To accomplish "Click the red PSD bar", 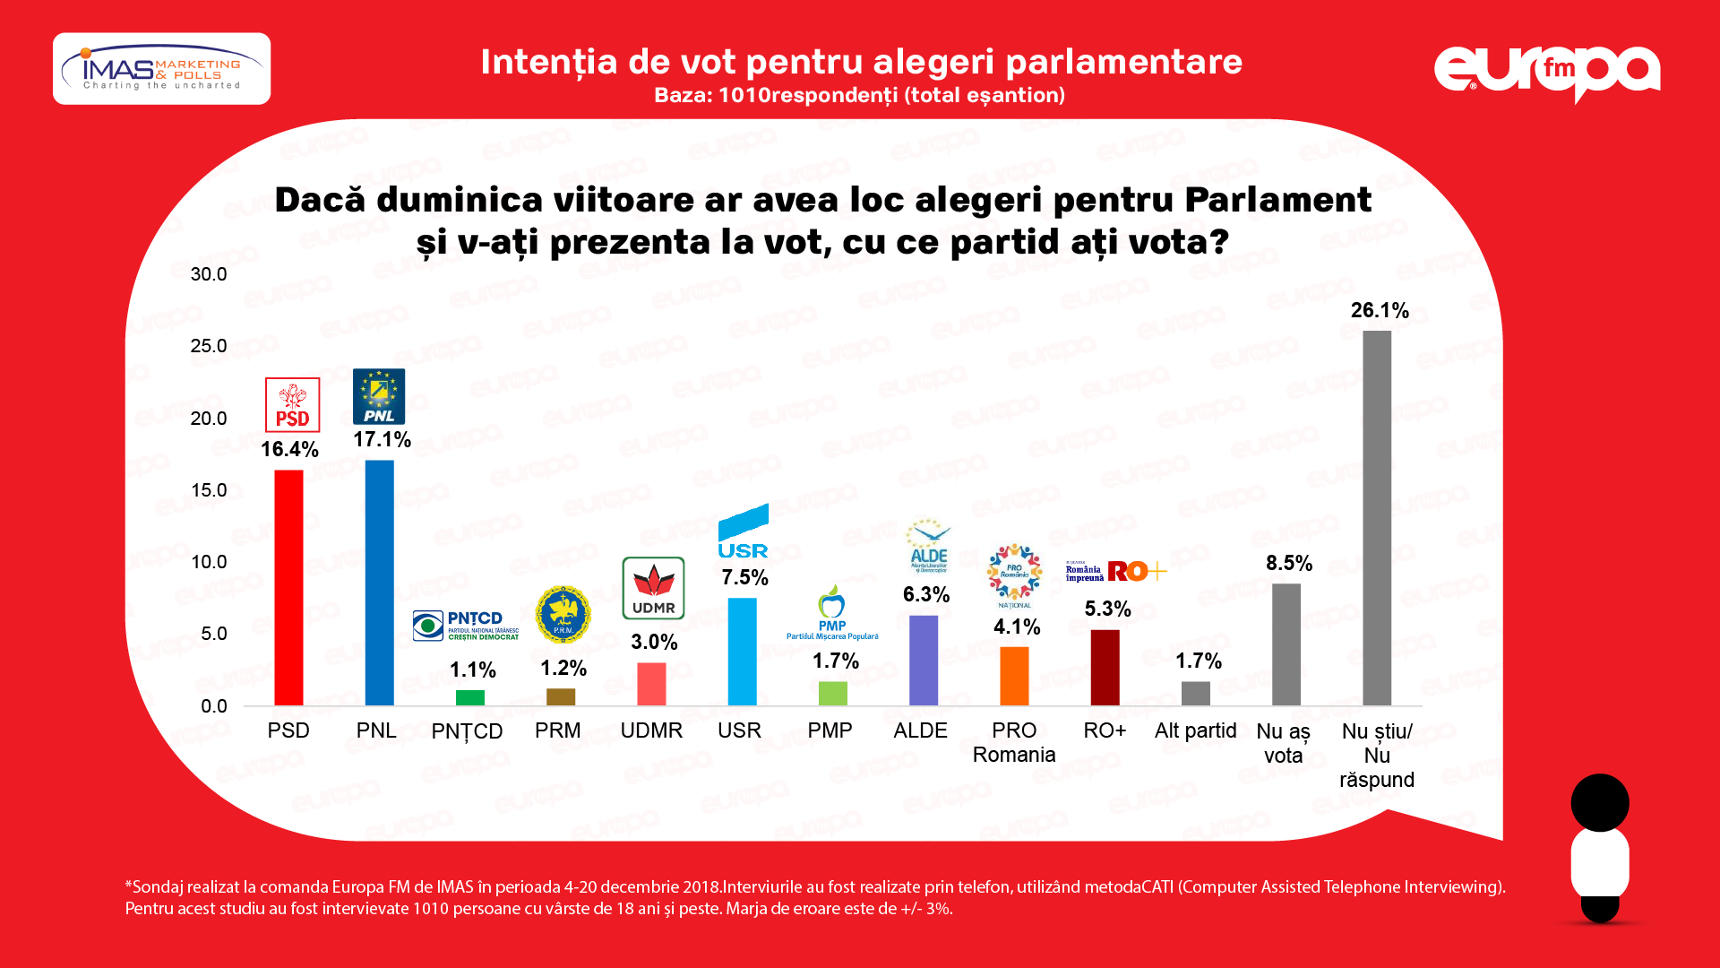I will pos(288,587).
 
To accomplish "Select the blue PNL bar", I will pos(379,583).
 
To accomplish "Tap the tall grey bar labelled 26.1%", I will pos(1377,518).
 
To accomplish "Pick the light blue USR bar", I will pos(742,652).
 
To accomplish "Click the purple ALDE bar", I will pos(923,661).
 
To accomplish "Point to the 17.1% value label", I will pos(382,439).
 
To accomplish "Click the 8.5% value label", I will pos(1288,563).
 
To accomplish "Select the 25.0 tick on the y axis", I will pos(209,346).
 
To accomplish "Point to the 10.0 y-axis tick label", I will pos(209,562).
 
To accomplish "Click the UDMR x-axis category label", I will pos(651,730).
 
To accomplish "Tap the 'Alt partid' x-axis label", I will pos(1195,730).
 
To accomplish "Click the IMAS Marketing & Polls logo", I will pos(161,69).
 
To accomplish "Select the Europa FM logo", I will pos(1547,72).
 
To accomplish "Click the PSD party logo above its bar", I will pos(292,405).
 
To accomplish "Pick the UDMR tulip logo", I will pos(653,588).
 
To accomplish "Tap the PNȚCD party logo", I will pos(466,625).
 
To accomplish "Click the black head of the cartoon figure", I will pos(1599,802).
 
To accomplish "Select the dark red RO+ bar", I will pos(1105,668).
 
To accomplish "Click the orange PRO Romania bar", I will pos(1014,676).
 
